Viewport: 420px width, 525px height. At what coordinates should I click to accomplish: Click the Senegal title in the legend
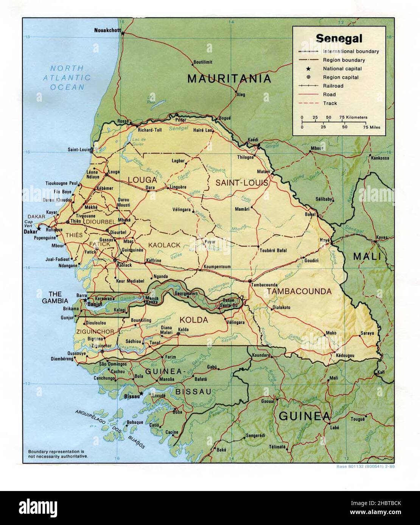click(339, 39)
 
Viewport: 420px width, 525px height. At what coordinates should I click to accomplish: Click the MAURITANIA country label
click(229, 79)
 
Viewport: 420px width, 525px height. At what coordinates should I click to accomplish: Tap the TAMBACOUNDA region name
click(299, 291)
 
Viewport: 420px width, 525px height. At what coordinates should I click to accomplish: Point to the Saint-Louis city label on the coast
click(78, 149)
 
